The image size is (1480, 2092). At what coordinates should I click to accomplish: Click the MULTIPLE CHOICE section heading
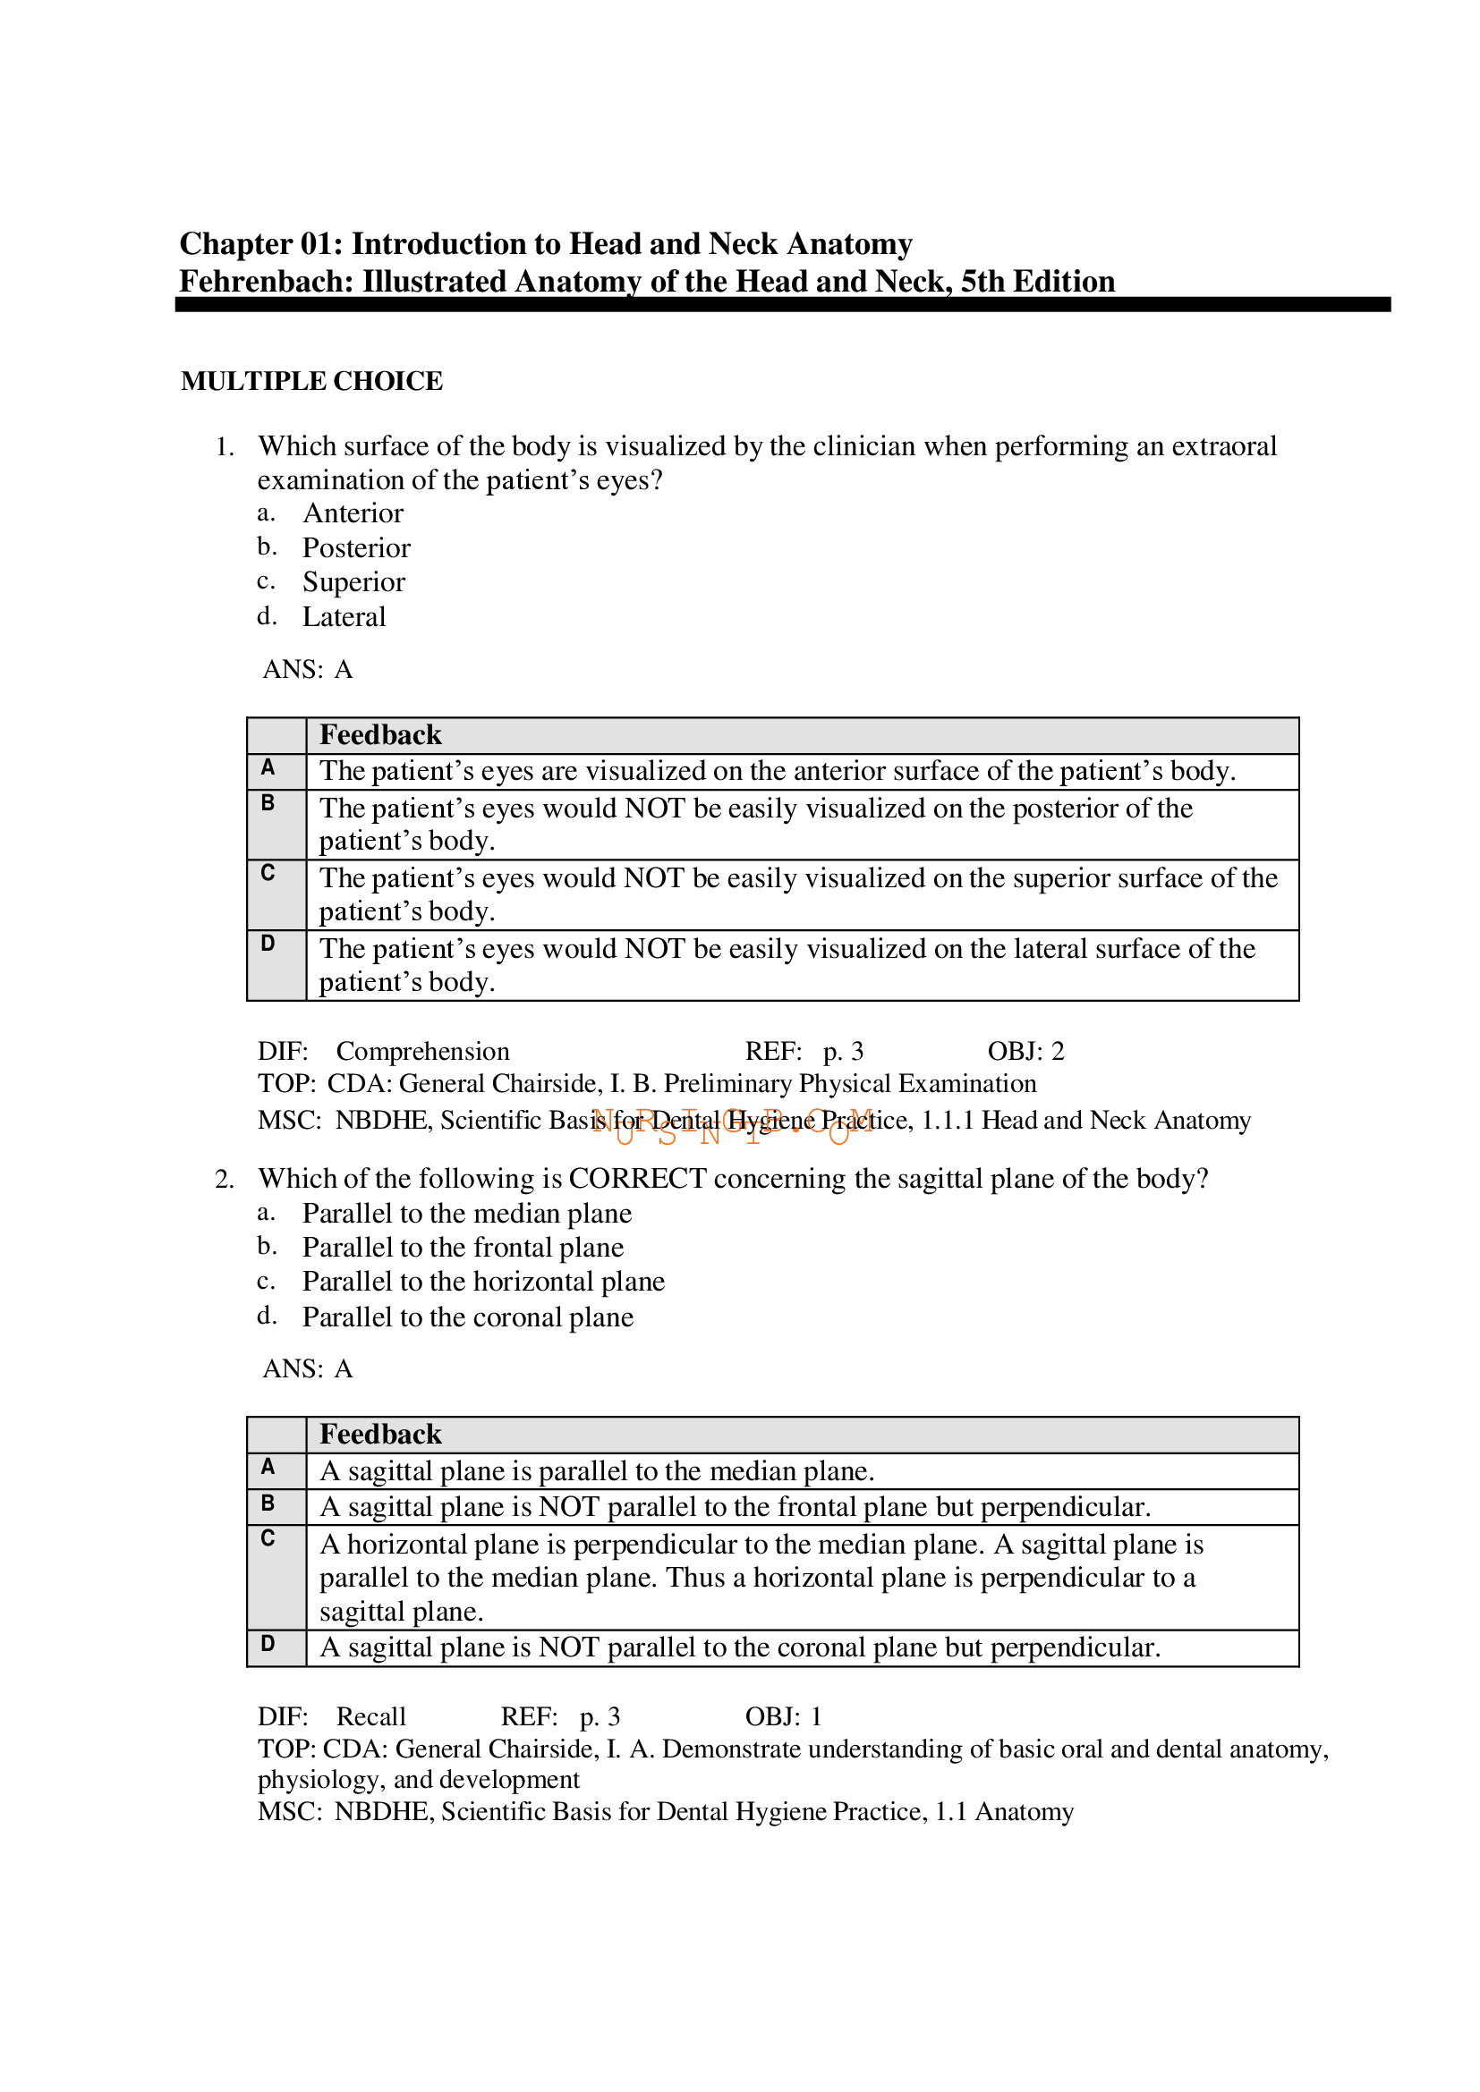pyautogui.click(x=311, y=381)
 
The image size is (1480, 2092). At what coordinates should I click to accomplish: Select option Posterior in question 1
pyautogui.click(x=356, y=547)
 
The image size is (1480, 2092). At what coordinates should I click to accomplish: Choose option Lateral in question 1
pyautogui.click(x=344, y=617)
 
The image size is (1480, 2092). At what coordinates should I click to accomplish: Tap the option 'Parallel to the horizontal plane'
pyautogui.click(x=483, y=1282)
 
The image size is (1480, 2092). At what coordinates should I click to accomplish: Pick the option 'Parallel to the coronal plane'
pyautogui.click(x=467, y=1317)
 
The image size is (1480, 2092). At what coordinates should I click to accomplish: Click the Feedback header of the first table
pyautogui.click(x=380, y=735)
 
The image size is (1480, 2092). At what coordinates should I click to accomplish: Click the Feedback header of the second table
pyautogui.click(x=380, y=1435)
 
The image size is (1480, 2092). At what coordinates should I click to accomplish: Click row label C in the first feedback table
pyautogui.click(x=268, y=873)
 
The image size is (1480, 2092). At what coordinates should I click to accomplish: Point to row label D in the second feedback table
pyautogui.click(x=268, y=1644)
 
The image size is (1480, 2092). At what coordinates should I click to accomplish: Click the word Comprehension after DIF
pyautogui.click(x=423, y=1052)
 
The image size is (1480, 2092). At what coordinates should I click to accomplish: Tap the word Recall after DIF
pyautogui.click(x=371, y=1716)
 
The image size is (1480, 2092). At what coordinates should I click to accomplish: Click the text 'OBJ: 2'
pyautogui.click(x=1025, y=1052)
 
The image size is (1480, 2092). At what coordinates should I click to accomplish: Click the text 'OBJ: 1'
pyautogui.click(x=783, y=1716)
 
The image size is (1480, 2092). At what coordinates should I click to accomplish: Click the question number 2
pyautogui.click(x=225, y=1180)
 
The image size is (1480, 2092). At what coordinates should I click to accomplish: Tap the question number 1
pyautogui.click(x=225, y=447)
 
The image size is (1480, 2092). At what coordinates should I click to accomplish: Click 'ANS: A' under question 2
pyautogui.click(x=307, y=1369)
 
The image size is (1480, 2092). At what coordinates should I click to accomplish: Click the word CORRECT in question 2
pyautogui.click(x=637, y=1179)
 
